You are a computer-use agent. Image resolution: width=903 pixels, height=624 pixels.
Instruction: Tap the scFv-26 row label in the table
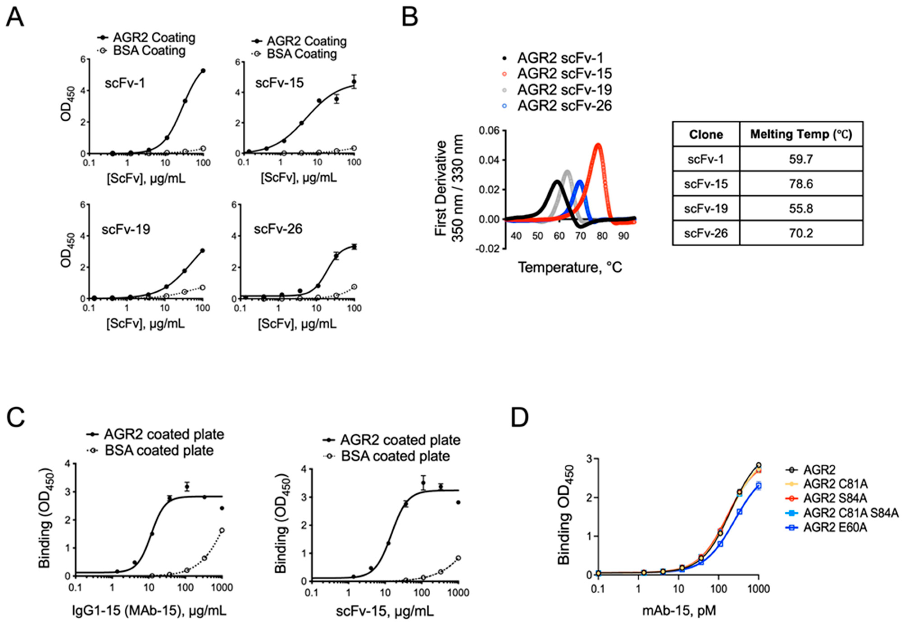tap(706, 233)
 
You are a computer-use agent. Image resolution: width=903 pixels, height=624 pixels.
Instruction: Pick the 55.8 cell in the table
tap(801, 208)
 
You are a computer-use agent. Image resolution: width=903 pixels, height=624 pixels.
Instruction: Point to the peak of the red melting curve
tap(598, 145)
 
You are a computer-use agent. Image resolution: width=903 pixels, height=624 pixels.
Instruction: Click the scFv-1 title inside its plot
tap(125, 83)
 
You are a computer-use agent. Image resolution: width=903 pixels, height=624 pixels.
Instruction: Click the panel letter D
tap(520, 417)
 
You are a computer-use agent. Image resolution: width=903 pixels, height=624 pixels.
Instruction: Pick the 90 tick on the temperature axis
tap(623, 236)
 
